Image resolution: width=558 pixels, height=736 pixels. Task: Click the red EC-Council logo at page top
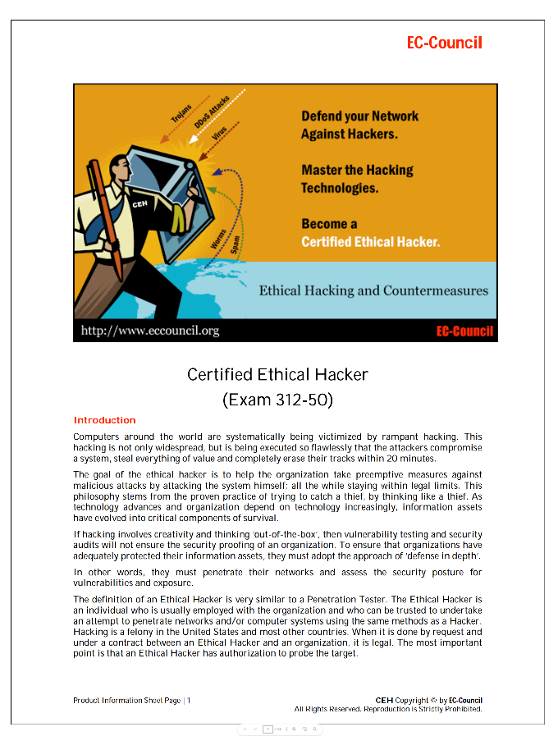[x=444, y=43]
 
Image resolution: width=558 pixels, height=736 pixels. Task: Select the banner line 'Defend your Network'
[x=359, y=117]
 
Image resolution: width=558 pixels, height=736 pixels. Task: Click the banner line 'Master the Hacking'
[x=357, y=170]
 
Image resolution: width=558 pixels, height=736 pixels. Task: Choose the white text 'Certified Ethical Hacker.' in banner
[x=370, y=242]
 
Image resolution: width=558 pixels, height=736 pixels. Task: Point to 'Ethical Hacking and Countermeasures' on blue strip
[x=373, y=290]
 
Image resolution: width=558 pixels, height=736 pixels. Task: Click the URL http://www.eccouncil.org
[x=149, y=331]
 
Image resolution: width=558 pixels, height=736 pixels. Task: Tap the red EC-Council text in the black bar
[x=464, y=331]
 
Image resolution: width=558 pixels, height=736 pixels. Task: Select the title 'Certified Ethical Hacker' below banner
[x=277, y=375]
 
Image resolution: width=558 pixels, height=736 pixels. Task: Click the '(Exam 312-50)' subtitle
[x=277, y=400]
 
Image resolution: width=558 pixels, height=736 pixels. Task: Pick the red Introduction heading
[x=104, y=420]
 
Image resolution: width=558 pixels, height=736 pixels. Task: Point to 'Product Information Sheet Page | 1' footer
[x=132, y=700]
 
